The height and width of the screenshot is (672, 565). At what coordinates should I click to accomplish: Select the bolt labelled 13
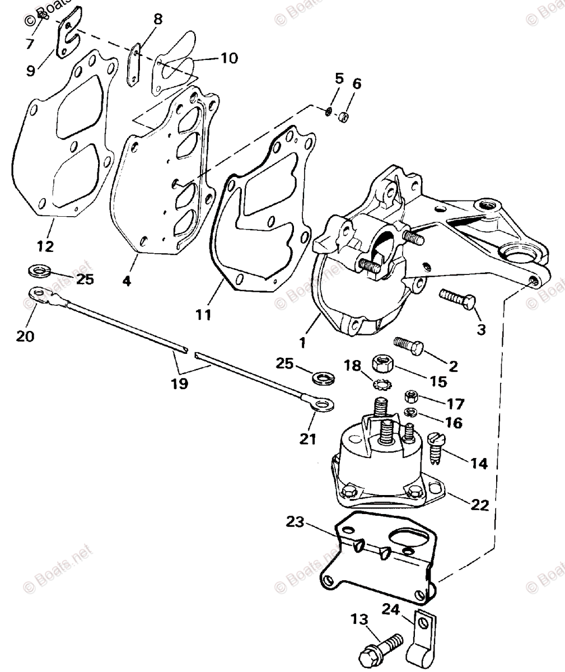click(x=381, y=648)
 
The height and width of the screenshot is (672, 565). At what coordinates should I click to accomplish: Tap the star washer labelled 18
click(x=382, y=385)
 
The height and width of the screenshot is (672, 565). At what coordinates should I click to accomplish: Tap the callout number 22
click(x=480, y=505)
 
